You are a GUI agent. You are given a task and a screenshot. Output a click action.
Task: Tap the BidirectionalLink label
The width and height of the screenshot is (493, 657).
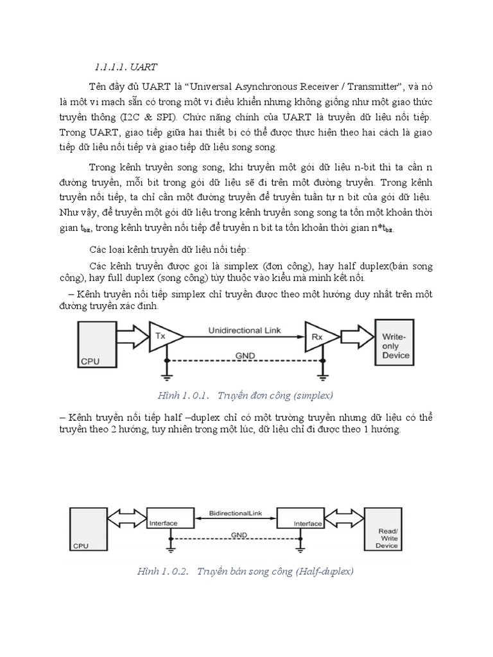[x=235, y=514]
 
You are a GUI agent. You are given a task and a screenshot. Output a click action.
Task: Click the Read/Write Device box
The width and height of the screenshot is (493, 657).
[x=386, y=529]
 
